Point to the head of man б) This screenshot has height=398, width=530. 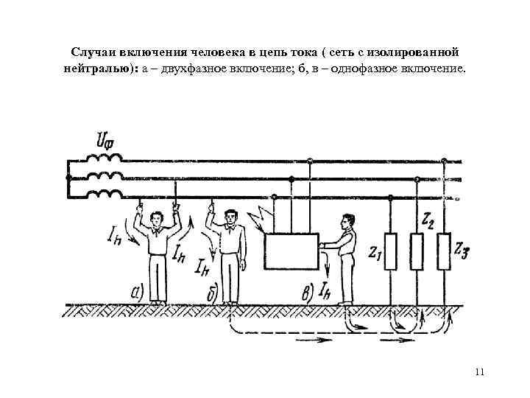tap(231, 217)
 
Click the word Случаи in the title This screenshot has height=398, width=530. tap(93, 54)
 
